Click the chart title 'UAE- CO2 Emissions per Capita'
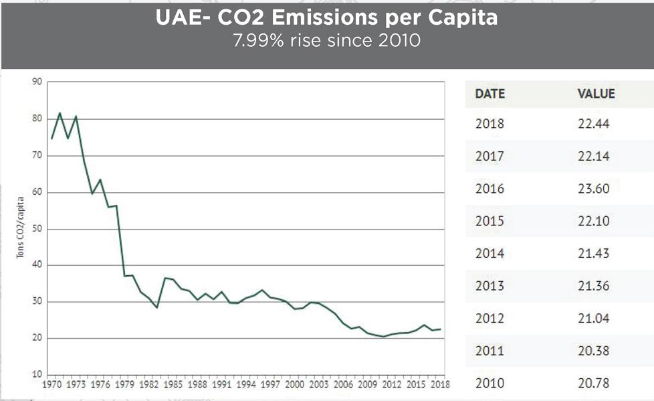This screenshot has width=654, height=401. (326, 17)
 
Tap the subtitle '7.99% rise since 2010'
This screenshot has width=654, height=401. (326, 41)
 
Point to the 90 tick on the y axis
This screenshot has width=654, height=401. (37, 82)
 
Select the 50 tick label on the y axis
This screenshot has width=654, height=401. (37, 229)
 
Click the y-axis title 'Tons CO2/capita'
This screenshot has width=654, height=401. (20, 228)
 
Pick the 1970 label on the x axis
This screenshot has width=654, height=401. (51, 384)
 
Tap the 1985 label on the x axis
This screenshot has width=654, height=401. (173, 384)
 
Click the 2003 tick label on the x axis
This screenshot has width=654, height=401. (319, 384)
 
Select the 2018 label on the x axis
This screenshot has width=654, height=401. (441, 384)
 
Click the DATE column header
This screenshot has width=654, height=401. (490, 94)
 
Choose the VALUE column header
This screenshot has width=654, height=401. (596, 94)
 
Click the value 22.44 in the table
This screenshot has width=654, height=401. (594, 124)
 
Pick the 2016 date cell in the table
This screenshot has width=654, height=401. (489, 189)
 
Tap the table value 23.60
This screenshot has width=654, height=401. (594, 189)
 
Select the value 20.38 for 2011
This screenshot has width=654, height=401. (594, 351)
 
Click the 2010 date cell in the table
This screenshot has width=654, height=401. (489, 383)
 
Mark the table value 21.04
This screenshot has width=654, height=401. (594, 318)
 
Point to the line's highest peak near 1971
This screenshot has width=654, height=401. (60, 112)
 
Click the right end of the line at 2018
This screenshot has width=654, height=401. (441, 329)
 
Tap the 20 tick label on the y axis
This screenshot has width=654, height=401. (37, 338)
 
